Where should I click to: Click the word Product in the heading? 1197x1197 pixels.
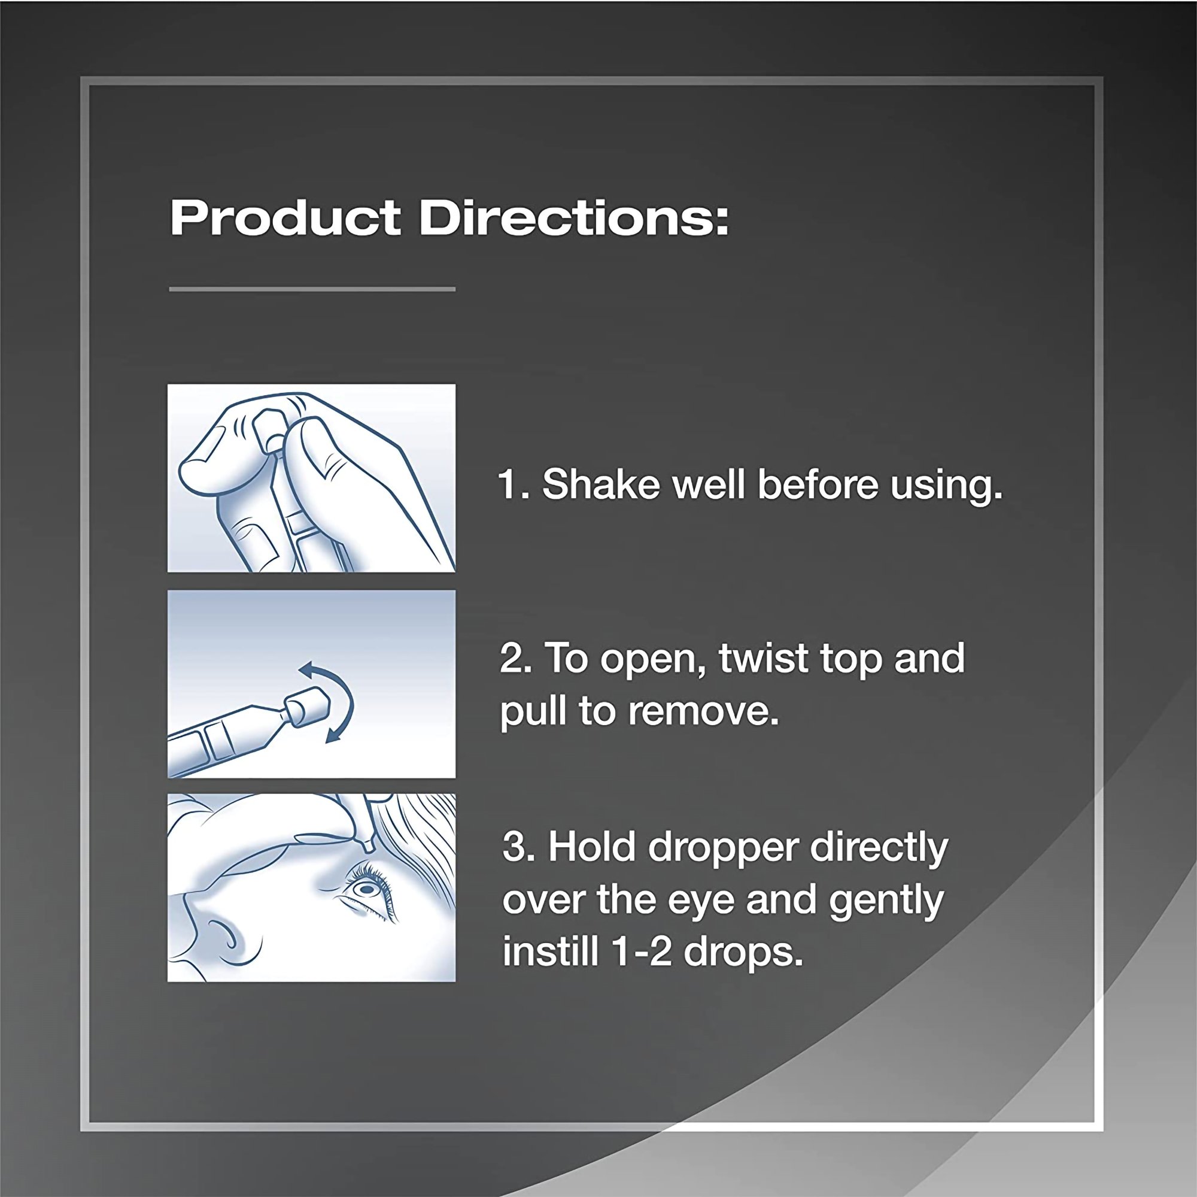tap(285, 219)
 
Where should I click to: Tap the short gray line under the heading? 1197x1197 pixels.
tap(312, 289)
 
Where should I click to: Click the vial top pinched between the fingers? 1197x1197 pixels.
tap(268, 427)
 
